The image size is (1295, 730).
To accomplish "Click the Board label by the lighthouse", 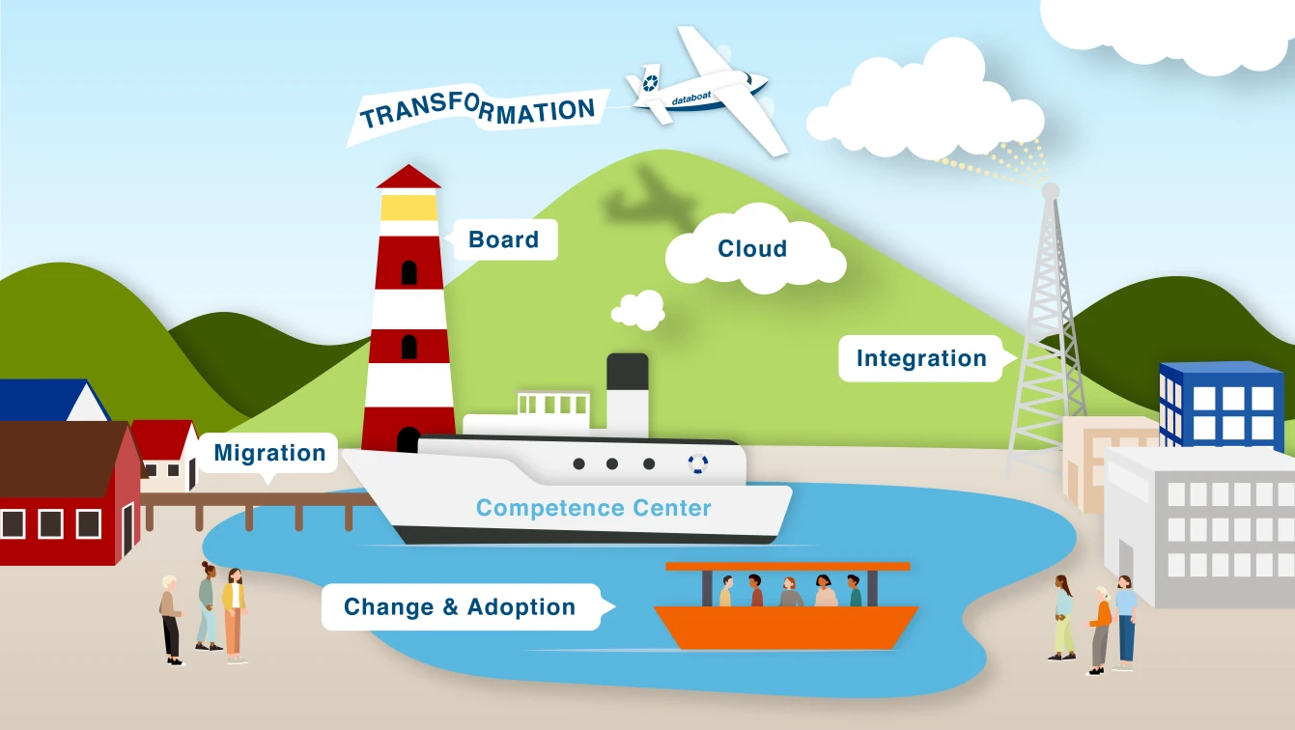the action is pyautogui.click(x=503, y=239).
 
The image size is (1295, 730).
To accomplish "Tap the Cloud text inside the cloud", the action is pyautogui.click(x=752, y=248).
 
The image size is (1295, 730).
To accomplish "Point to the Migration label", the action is pyautogui.click(x=268, y=453).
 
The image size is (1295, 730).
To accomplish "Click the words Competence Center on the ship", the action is pyautogui.click(x=593, y=508).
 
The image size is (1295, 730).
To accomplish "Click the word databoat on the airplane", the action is pyautogui.click(x=690, y=98).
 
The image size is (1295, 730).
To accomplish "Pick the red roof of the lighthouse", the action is pyautogui.click(x=408, y=177).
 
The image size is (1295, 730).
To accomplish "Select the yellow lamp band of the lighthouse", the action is pyautogui.click(x=408, y=208).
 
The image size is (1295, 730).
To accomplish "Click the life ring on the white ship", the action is pyautogui.click(x=698, y=463).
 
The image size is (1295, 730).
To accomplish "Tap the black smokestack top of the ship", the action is pyautogui.click(x=628, y=371).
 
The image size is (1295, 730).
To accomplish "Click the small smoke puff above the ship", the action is pyautogui.click(x=638, y=310).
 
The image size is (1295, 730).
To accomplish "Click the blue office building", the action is pyautogui.click(x=1221, y=404).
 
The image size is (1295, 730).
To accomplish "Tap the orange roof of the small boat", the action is pyautogui.click(x=787, y=567).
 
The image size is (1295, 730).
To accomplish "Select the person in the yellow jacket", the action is pyautogui.click(x=234, y=615).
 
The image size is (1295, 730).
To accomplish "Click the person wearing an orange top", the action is pyautogui.click(x=1101, y=631).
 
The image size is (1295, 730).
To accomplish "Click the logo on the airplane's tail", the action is pyautogui.click(x=650, y=83).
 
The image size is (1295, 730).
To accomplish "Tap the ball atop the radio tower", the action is pyautogui.click(x=1051, y=191).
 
